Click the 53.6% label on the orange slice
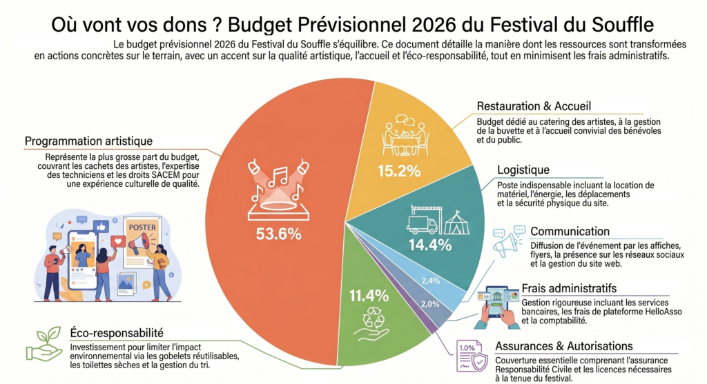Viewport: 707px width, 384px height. click(x=279, y=234)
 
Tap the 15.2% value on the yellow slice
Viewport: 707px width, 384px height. click(x=399, y=171)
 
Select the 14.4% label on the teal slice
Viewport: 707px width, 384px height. click(x=429, y=245)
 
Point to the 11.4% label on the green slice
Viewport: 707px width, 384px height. click(x=369, y=296)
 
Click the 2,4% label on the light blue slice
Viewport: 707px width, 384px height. click(x=431, y=281)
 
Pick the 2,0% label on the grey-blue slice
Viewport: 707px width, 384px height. click(x=430, y=304)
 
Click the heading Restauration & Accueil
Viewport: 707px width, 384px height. click(x=534, y=106)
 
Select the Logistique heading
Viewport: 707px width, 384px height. click(x=523, y=170)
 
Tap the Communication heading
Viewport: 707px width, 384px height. click(x=570, y=232)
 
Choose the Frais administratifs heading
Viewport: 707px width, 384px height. click(x=569, y=288)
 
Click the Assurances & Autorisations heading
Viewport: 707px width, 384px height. click(x=564, y=346)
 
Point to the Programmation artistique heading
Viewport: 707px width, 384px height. click(x=88, y=141)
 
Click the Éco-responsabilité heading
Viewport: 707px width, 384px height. click(x=116, y=333)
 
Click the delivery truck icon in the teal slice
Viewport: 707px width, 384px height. click(x=422, y=224)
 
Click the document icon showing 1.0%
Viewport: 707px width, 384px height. click(x=472, y=356)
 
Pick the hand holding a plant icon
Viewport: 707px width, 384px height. click(x=43, y=344)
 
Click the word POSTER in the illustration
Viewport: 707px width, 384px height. click(x=142, y=228)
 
